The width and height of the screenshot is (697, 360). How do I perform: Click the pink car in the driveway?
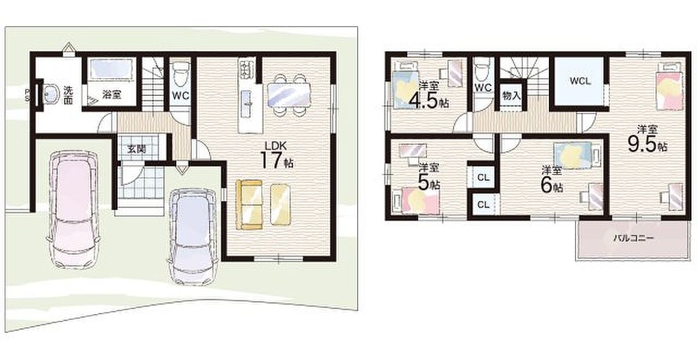coord(73,210)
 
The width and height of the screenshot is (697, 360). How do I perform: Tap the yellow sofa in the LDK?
coord(249,205)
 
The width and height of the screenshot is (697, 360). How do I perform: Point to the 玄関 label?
coord(137,149)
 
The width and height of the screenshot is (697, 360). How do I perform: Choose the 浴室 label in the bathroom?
coord(112,94)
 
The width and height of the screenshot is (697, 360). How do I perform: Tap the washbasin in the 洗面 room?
coord(51,93)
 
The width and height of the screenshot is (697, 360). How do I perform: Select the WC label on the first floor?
coord(181,96)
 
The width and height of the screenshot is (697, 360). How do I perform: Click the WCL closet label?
coord(580,81)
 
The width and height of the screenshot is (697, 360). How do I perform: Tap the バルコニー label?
coord(634,238)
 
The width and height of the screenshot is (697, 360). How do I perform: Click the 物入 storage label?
coord(512,96)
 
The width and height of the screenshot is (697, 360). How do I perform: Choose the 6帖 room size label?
coord(551,185)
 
